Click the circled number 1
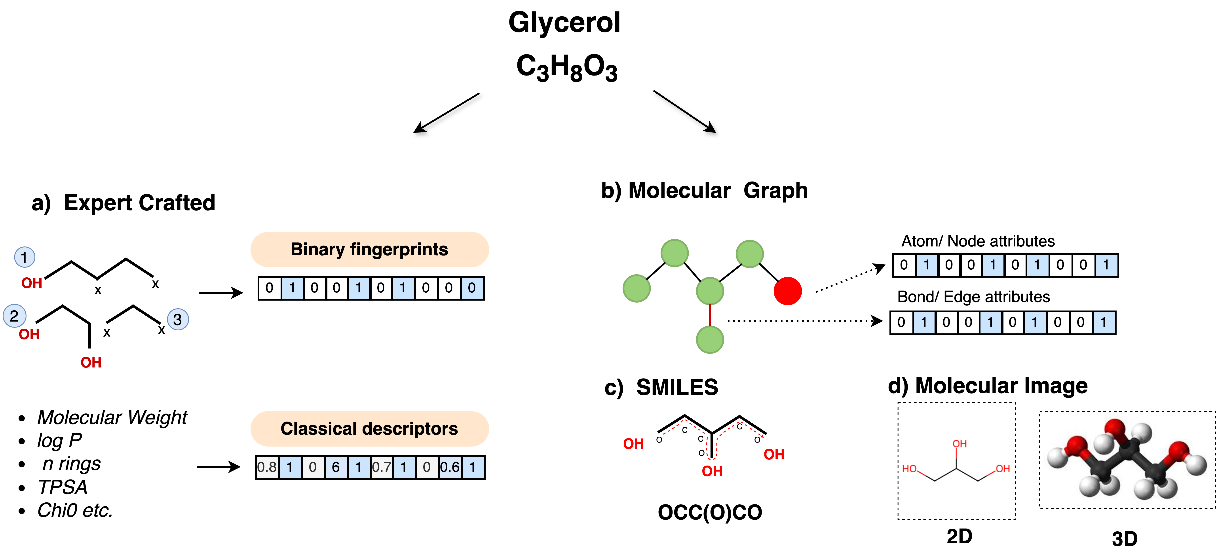(x=25, y=257)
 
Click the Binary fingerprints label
(x=369, y=249)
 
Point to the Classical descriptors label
(x=369, y=428)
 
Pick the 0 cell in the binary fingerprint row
(x=472, y=288)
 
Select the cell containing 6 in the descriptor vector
(x=336, y=467)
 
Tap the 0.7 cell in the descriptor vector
(x=381, y=467)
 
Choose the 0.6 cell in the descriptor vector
(x=450, y=467)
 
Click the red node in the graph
(x=787, y=291)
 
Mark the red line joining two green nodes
(x=710, y=315)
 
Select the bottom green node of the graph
(x=710, y=340)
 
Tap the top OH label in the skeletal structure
(x=959, y=443)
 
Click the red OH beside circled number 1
(x=32, y=283)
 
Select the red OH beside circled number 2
(x=29, y=335)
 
